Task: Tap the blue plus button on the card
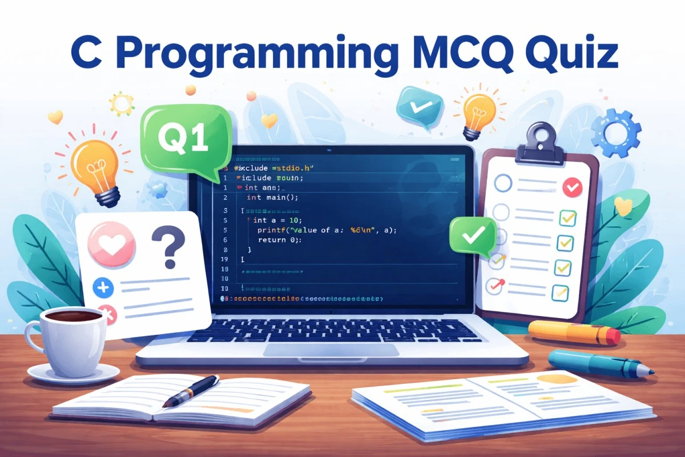tap(104, 287)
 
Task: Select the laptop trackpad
tap(331, 350)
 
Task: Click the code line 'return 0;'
tap(280, 240)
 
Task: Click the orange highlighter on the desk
tap(574, 332)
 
